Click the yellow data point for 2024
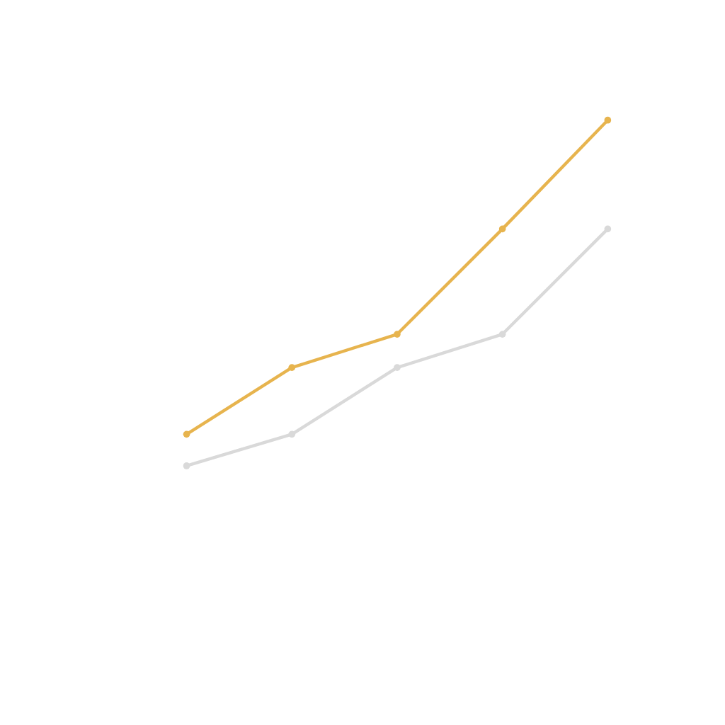[x=607, y=120]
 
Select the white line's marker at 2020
[x=187, y=465]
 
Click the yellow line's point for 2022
[x=397, y=333]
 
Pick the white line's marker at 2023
[x=502, y=333]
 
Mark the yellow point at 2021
[x=292, y=367]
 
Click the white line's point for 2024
[x=607, y=229]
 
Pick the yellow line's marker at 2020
[x=187, y=434]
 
